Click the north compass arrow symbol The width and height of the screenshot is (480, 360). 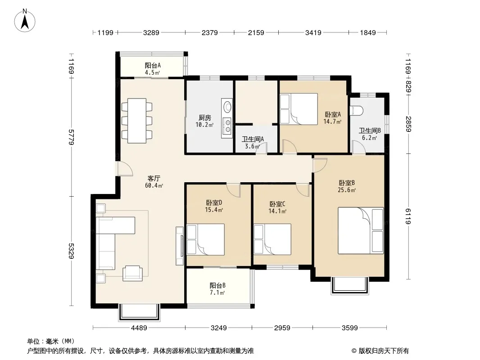[25, 21]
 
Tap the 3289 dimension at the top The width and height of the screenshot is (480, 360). [151, 32]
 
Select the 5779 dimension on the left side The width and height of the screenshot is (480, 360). [71, 137]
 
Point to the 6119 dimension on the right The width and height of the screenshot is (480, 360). [408, 216]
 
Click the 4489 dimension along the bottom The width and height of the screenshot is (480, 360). [139, 328]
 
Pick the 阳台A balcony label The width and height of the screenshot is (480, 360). [153, 65]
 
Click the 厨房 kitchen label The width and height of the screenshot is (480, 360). [205, 118]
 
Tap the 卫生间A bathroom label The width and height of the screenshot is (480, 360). [253, 139]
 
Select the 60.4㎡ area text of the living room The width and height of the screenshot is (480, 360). [154, 186]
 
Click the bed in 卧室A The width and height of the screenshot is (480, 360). [299, 109]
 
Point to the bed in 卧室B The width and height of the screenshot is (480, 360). [361, 230]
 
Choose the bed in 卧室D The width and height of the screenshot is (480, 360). [205, 239]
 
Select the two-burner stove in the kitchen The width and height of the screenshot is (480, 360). [227, 126]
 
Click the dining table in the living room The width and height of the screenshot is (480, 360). [137, 121]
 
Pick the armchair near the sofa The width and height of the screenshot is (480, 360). [132, 273]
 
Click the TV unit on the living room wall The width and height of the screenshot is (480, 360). [180, 246]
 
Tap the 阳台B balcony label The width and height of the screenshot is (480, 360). [217, 286]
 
